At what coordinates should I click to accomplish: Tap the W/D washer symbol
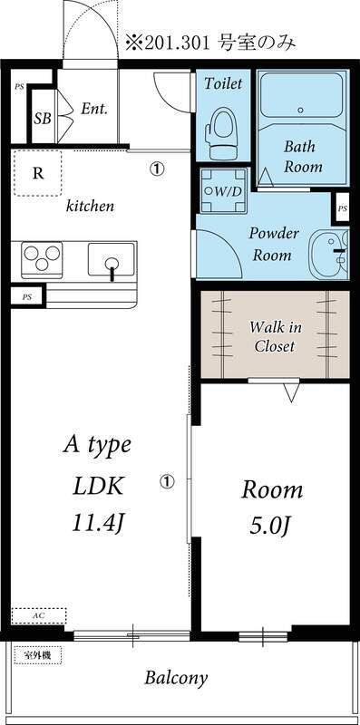223,190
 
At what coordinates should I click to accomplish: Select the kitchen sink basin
112,259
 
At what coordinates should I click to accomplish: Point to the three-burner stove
42,260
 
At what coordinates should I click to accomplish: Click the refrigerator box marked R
37,173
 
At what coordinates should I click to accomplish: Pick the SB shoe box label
42,119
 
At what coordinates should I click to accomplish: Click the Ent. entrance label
94,109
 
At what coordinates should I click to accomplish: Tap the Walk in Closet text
275,336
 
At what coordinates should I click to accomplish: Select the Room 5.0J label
272,507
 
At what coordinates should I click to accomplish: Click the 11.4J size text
99,523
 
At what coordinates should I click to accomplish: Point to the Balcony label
176,678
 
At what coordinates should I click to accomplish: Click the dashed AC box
38,616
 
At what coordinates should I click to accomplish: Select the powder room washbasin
329,255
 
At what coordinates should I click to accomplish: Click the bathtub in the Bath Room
301,95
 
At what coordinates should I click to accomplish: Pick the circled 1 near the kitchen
157,169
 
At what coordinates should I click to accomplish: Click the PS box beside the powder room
342,208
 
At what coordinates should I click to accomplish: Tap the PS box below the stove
27,297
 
